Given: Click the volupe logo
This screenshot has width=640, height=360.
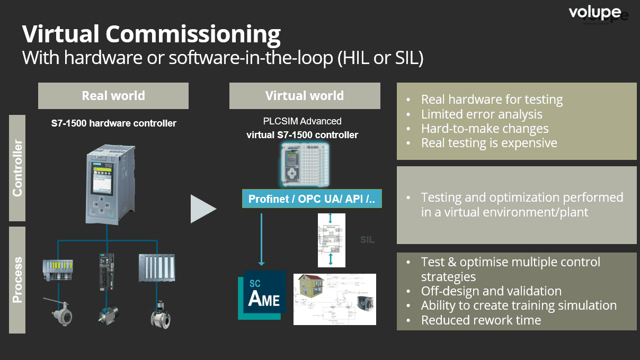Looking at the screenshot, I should tap(595, 12).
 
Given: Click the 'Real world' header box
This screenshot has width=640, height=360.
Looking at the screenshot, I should tap(113, 96).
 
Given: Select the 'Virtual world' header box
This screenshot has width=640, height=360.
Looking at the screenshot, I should tap(305, 96).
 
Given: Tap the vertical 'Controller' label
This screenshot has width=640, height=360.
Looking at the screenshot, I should tap(17, 168).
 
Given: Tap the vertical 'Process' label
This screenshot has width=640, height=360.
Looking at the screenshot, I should tap(17, 280).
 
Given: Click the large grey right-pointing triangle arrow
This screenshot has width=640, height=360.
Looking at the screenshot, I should tap(203, 209).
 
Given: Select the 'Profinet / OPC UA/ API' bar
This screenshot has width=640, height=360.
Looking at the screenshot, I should tap(312, 199).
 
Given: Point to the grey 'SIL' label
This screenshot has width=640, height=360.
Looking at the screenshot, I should tap(367, 240).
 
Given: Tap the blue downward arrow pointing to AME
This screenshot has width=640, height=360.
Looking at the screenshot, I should tap(261, 238).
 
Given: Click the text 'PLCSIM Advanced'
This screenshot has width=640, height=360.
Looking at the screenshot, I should tap(303, 121).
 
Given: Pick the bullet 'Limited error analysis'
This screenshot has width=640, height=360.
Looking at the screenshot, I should tap(482, 114).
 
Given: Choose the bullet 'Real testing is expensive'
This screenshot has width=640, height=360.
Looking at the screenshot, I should tap(489, 142).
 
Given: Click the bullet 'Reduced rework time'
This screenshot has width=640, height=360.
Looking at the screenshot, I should tap(481, 320).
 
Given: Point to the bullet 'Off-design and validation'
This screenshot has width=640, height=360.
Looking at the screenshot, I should tap(491, 291).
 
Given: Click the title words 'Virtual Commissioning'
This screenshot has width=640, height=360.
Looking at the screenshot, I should tap(152, 34).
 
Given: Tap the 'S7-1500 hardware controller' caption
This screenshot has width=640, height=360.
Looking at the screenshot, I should tap(113, 123).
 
